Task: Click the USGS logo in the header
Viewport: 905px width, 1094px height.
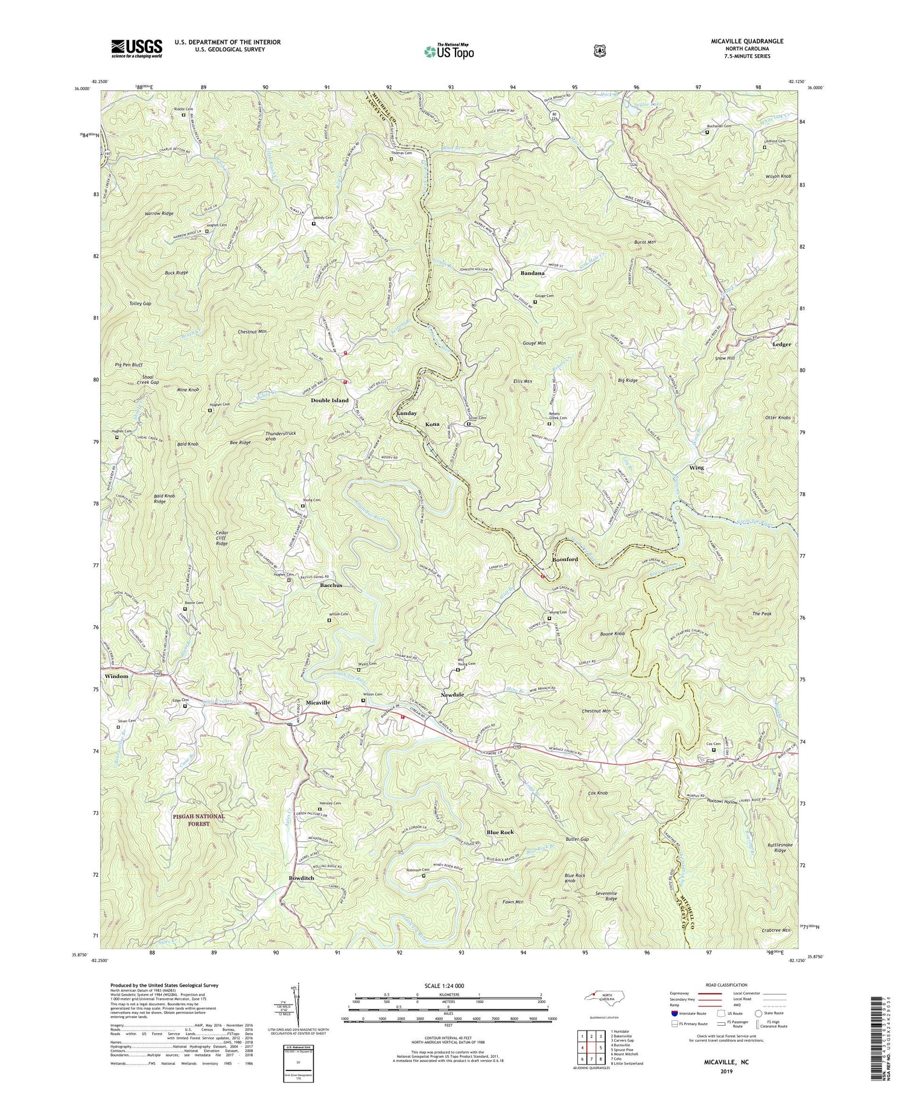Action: click(136, 48)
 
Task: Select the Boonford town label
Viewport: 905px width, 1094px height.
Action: click(565, 559)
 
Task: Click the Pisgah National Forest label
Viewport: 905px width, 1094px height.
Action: click(197, 819)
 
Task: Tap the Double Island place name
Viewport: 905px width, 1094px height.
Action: click(329, 400)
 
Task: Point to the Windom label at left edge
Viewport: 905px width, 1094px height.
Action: click(116, 676)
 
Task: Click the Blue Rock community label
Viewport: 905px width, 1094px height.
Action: click(500, 832)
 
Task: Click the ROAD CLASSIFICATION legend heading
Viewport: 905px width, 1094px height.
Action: click(728, 985)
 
